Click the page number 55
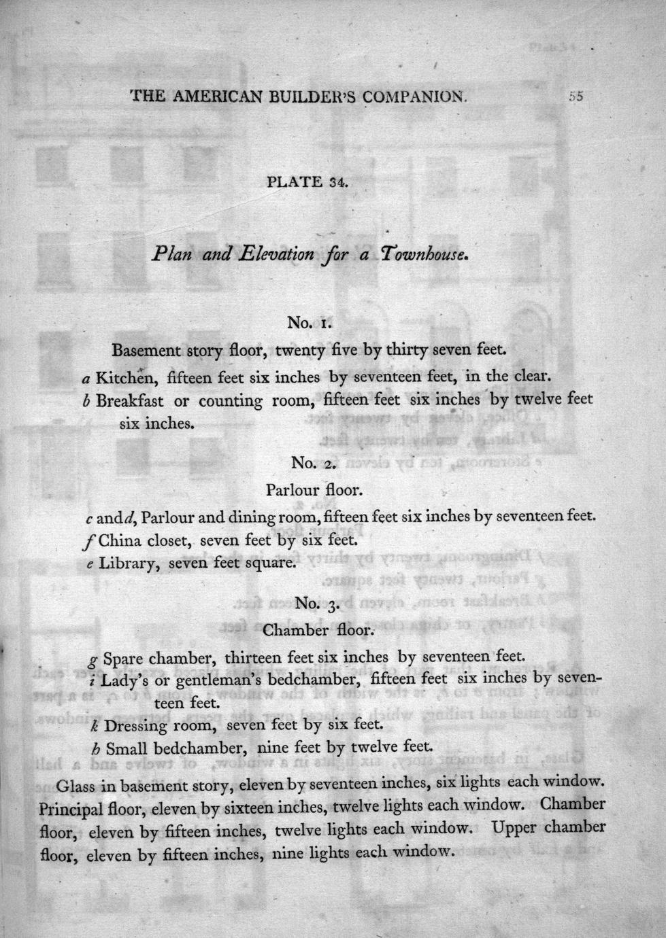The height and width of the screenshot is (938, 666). pyautogui.click(x=576, y=97)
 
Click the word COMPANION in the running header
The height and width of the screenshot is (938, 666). pyautogui.click(x=415, y=97)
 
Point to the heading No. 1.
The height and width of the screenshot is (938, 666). pyautogui.click(x=309, y=322)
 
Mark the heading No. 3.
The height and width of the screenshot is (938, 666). pyautogui.click(x=317, y=604)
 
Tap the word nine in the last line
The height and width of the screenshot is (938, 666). pyautogui.click(x=288, y=852)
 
